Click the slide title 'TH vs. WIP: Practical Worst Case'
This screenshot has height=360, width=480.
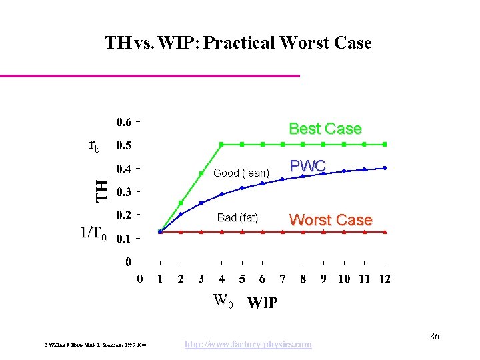tap(238, 43)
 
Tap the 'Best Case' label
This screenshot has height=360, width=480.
tap(325, 129)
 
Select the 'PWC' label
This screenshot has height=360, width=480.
tap(307, 165)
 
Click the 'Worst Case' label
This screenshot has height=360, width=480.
tap(331, 220)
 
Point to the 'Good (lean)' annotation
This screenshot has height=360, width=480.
tap(241, 173)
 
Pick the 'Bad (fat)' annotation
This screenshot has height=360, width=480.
tap(237, 218)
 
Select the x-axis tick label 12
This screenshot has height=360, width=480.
tap(385, 279)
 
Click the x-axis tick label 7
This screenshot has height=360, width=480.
tap(283, 279)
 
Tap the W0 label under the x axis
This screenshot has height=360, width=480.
tap(223, 301)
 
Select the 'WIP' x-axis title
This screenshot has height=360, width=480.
tap(263, 303)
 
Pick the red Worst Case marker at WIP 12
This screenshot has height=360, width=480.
tap(385, 231)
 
